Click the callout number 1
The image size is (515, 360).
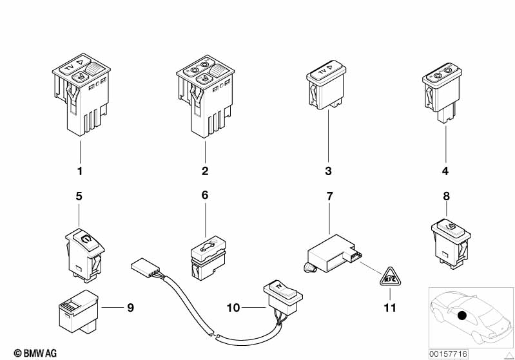tap(80, 171)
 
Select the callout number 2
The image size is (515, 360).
tap(205, 171)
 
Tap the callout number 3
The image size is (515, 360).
tap(329, 171)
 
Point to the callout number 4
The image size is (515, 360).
tap(445, 171)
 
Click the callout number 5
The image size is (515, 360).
tap(79, 196)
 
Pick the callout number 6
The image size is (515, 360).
tap(204, 195)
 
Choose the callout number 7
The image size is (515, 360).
tap(329, 196)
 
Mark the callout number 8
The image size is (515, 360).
tap(447, 196)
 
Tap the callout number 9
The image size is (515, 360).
tap(130, 308)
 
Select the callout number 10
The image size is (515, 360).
tap(233, 308)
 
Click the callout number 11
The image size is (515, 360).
tap(390, 308)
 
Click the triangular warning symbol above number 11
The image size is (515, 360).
tap(390, 278)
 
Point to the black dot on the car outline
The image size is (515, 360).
tap(462, 316)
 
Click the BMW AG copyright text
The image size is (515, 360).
tap(35, 353)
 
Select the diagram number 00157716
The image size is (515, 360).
tap(449, 354)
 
